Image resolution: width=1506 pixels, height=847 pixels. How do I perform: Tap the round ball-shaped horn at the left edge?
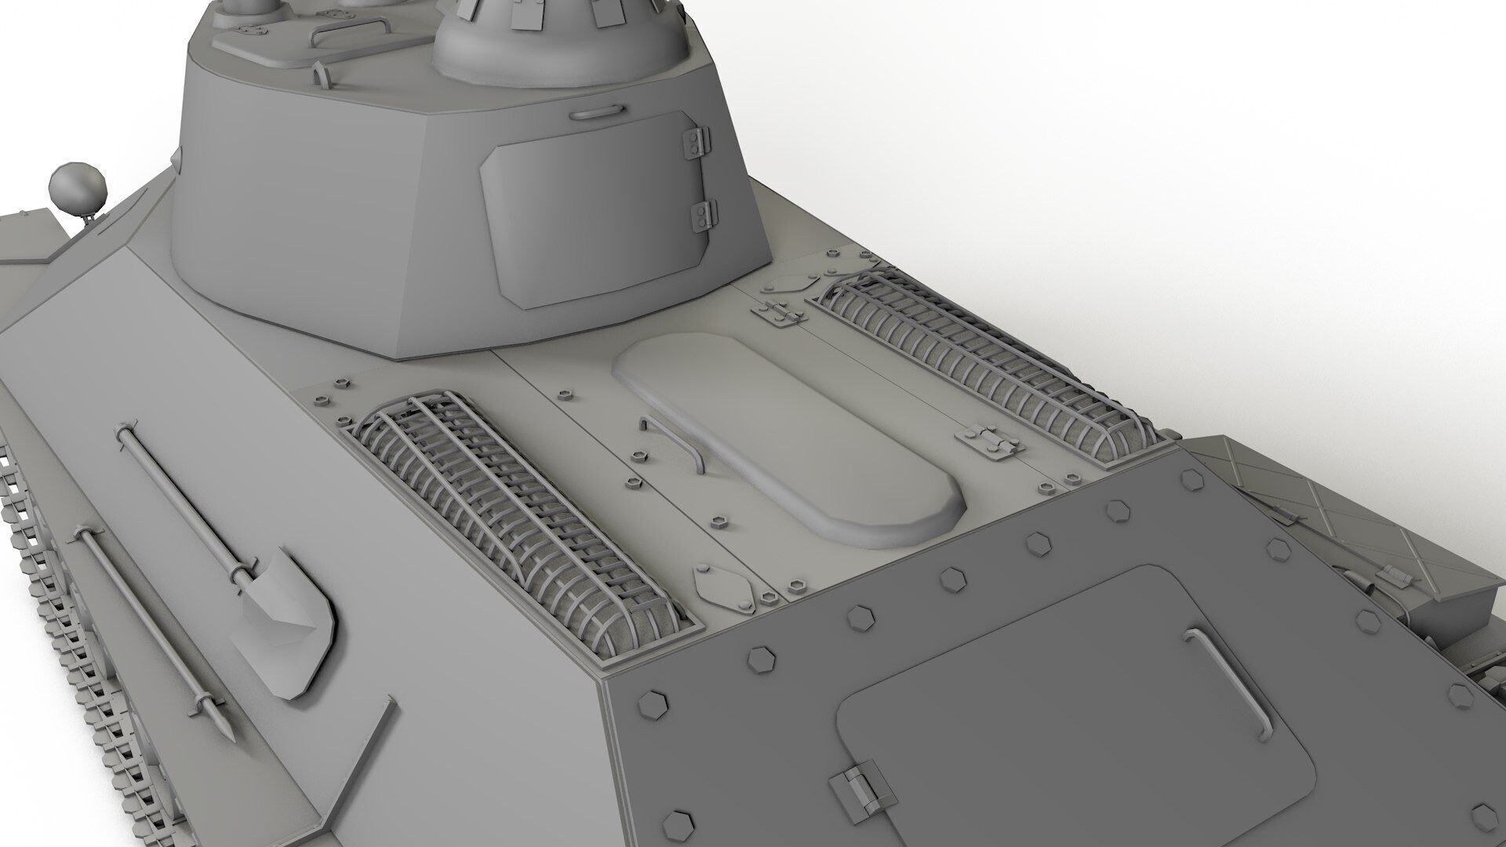pos(77,188)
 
